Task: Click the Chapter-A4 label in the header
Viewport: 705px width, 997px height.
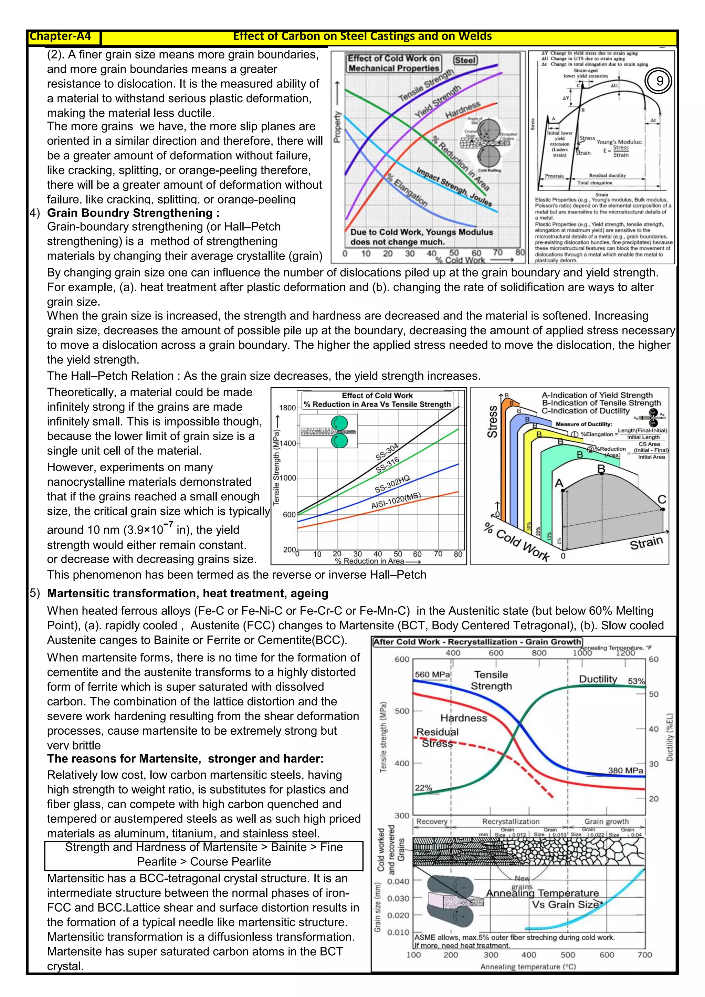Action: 60,36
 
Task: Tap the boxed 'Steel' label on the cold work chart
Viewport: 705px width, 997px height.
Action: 465,60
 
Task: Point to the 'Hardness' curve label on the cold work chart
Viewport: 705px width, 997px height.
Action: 463,110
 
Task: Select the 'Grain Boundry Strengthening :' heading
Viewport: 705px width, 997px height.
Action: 133,213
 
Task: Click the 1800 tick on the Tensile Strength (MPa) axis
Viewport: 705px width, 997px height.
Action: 287,408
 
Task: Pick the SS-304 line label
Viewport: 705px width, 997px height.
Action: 387,452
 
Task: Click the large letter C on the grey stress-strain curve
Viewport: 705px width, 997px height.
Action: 662,500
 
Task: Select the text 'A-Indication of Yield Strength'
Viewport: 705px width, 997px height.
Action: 597,395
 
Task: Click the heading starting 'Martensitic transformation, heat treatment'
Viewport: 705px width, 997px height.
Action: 188,593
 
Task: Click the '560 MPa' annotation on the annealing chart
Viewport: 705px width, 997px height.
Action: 432,674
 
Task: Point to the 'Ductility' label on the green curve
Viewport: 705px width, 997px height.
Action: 598,679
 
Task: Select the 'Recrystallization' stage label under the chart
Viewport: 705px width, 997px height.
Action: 511,821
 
